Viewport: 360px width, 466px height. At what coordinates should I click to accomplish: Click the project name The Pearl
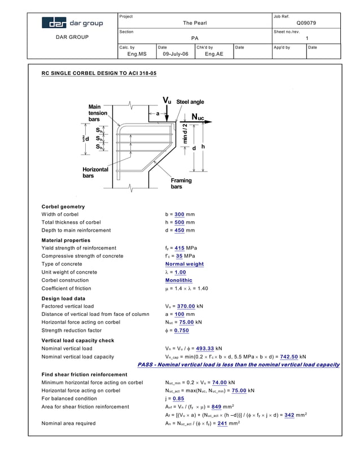[195, 23]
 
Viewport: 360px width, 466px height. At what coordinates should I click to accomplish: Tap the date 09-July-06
[175, 54]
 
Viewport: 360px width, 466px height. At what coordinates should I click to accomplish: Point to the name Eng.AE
[214, 54]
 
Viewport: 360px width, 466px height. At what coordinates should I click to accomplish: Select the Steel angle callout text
[190, 102]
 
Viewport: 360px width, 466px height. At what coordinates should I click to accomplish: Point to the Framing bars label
[181, 183]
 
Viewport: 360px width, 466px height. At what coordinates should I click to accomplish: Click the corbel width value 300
[179, 214]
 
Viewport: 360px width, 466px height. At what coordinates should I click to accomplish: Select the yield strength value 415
[179, 248]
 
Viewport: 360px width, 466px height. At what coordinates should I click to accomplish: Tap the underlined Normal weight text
[185, 264]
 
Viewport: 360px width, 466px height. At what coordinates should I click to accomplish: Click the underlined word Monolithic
[178, 280]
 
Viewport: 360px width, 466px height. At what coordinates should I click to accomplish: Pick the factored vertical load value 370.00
[184, 306]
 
